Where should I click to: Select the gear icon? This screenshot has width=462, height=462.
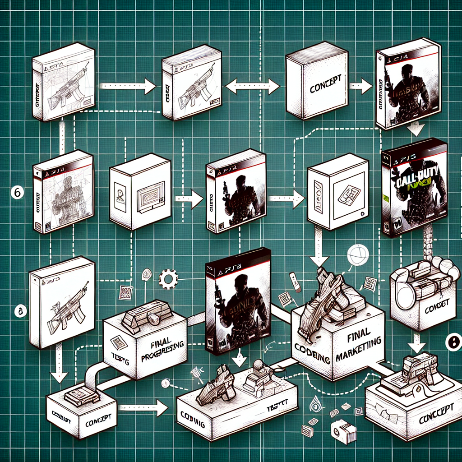point(168,279)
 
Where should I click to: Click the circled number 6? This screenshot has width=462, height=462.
point(16,193)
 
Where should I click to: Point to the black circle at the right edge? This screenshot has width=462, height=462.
point(453,343)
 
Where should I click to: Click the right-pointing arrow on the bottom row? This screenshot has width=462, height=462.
point(144,408)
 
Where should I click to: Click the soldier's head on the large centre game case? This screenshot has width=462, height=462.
point(240,282)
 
